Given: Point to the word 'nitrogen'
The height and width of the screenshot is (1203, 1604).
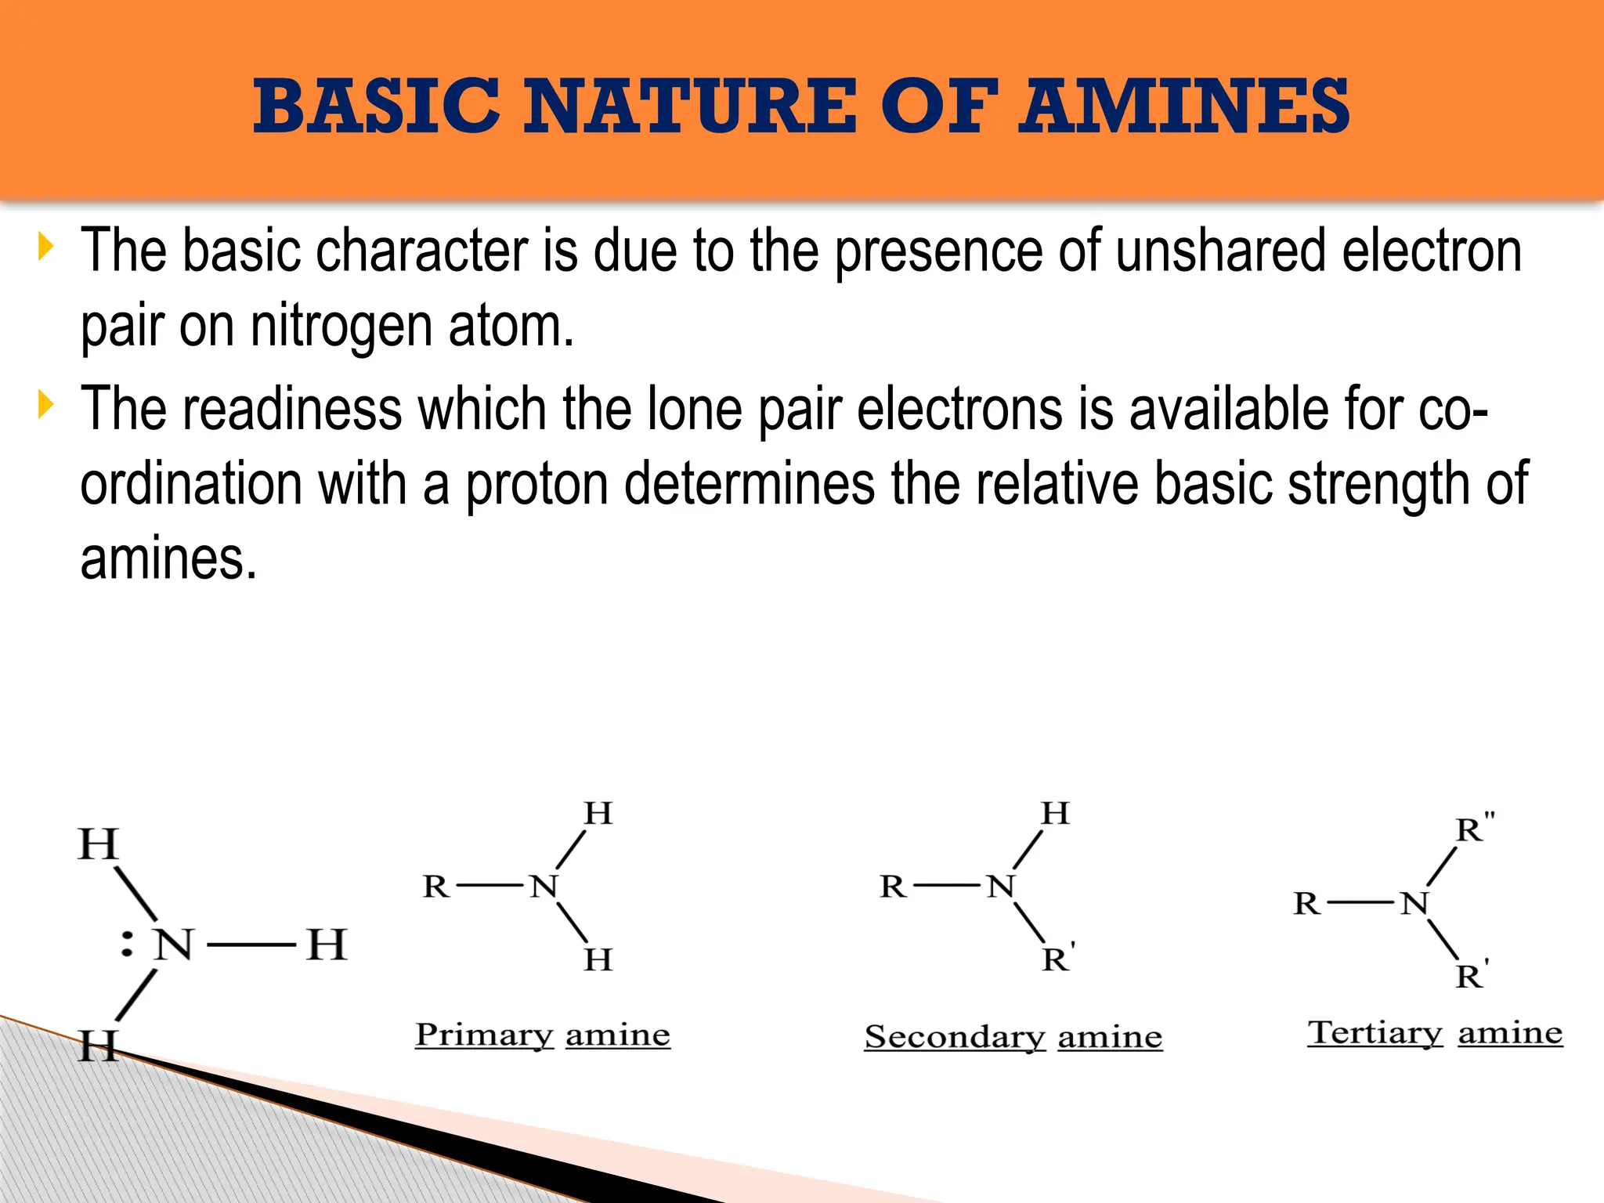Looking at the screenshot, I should click(x=341, y=326).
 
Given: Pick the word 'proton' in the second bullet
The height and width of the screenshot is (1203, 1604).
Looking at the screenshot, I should click(x=537, y=484).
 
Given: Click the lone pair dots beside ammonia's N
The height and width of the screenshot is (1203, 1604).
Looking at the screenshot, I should click(x=127, y=945).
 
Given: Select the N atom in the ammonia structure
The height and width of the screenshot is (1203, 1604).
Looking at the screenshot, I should click(x=173, y=945).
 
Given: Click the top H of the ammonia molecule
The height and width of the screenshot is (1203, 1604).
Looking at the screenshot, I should click(x=98, y=845).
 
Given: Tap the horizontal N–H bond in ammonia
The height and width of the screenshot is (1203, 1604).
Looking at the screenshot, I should click(x=251, y=945).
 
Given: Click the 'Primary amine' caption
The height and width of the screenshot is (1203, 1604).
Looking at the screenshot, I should click(x=543, y=1035).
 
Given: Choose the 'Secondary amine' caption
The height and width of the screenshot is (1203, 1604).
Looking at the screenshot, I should click(x=1013, y=1038).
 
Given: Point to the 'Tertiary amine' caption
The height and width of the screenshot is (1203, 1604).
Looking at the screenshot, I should click(x=1435, y=1033).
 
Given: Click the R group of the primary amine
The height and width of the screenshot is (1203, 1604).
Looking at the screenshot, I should click(x=435, y=887).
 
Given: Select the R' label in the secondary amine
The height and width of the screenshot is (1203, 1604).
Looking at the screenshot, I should click(x=1058, y=959).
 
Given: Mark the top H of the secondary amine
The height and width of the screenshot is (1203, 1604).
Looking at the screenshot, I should click(x=1055, y=814).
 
